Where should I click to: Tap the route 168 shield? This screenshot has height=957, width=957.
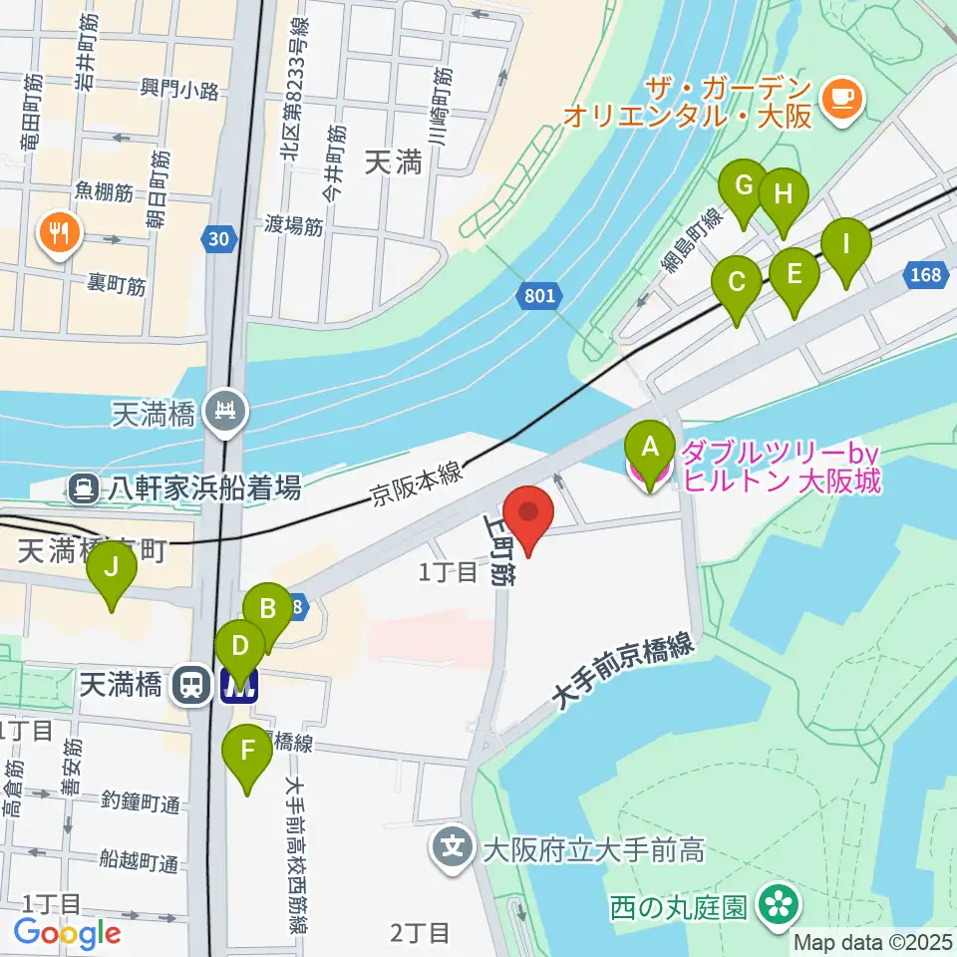(x=926, y=273)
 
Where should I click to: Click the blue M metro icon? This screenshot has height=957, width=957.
(x=240, y=685)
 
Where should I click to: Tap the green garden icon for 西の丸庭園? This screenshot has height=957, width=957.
(x=778, y=904)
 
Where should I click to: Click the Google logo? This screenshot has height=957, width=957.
(x=67, y=934)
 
